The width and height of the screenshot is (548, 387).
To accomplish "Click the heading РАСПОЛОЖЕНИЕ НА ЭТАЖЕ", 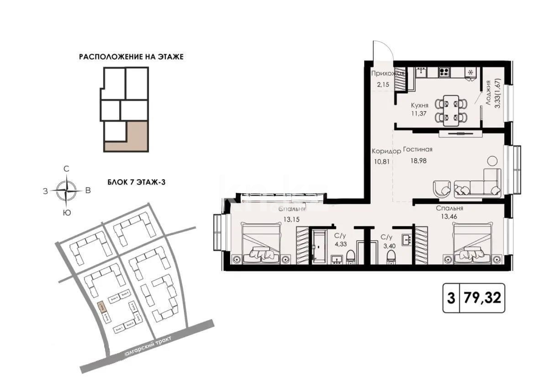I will (x=132, y=57).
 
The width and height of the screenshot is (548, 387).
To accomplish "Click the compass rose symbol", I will (x=67, y=191).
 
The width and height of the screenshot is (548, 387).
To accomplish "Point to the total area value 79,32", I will (x=482, y=298).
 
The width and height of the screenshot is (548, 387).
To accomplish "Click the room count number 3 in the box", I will (x=451, y=298).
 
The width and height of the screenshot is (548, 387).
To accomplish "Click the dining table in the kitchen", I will (x=451, y=110).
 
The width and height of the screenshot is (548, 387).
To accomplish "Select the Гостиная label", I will (x=417, y=150).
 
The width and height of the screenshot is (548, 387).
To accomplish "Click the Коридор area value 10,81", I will (x=379, y=161).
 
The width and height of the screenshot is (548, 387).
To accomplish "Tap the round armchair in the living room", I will (x=442, y=187).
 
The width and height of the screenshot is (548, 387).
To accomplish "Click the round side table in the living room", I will (x=492, y=161).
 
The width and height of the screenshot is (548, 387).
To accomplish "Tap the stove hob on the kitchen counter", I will (x=444, y=72).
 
